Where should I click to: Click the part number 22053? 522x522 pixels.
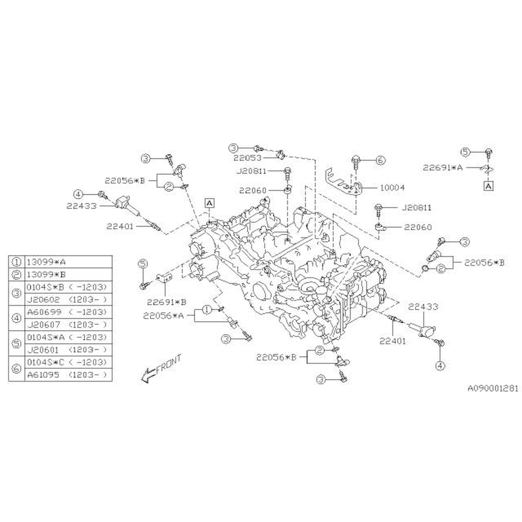247,158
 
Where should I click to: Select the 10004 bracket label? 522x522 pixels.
392,188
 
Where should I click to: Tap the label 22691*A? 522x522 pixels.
442,168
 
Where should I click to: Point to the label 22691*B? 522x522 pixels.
167,302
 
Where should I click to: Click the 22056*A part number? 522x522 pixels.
163,316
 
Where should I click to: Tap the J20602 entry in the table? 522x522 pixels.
44,300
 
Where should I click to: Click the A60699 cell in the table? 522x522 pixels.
44,312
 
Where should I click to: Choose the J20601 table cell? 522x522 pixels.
43,350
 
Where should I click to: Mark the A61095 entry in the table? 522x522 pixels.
43,375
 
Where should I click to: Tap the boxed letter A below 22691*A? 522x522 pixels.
488,186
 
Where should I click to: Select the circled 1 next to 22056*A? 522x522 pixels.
207,310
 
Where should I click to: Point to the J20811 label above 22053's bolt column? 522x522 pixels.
251,171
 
